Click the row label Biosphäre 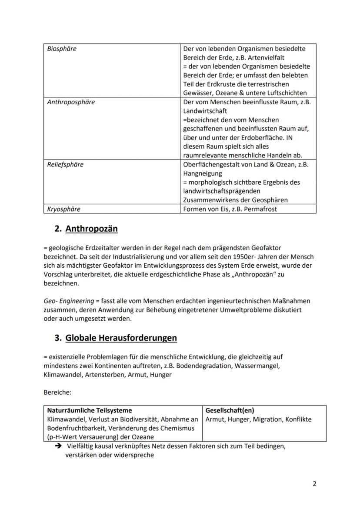tap(61, 49)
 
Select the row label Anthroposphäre tap(71, 102)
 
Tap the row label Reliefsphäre tap(65, 164)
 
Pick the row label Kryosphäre tap(63, 209)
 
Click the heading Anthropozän tap(91, 229)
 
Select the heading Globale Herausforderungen tap(121, 338)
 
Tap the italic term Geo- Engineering tap(69, 301)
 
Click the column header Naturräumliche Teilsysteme tap(89, 410)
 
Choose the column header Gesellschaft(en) tap(230, 410)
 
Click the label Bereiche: tap(57, 392)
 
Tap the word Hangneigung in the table tap(202, 173)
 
